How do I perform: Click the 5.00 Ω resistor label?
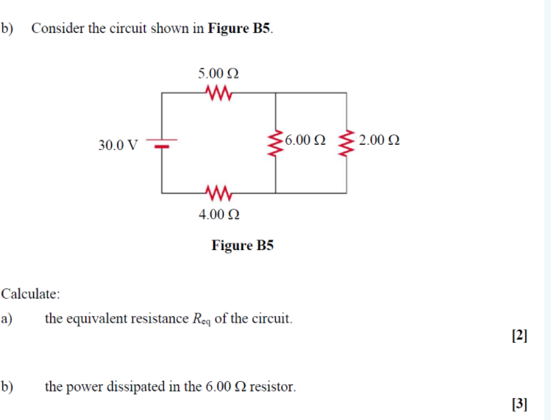pyautogui.click(x=218, y=74)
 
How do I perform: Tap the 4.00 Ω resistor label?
pyautogui.click(x=218, y=215)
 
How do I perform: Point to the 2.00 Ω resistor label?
pyautogui.click(x=380, y=140)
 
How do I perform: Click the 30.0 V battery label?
pyautogui.click(x=117, y=144)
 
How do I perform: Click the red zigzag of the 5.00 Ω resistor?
pyautogui.click(x=219, y=93)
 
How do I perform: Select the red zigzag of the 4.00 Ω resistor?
pyautogui.click(x=219, y=193)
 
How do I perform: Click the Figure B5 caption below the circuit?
pyautogui.click(x=242, y=245)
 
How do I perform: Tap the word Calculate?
pyautogui.click(x=30, y=293)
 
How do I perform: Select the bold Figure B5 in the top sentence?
pyautogui.click(x=240, y=29)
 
